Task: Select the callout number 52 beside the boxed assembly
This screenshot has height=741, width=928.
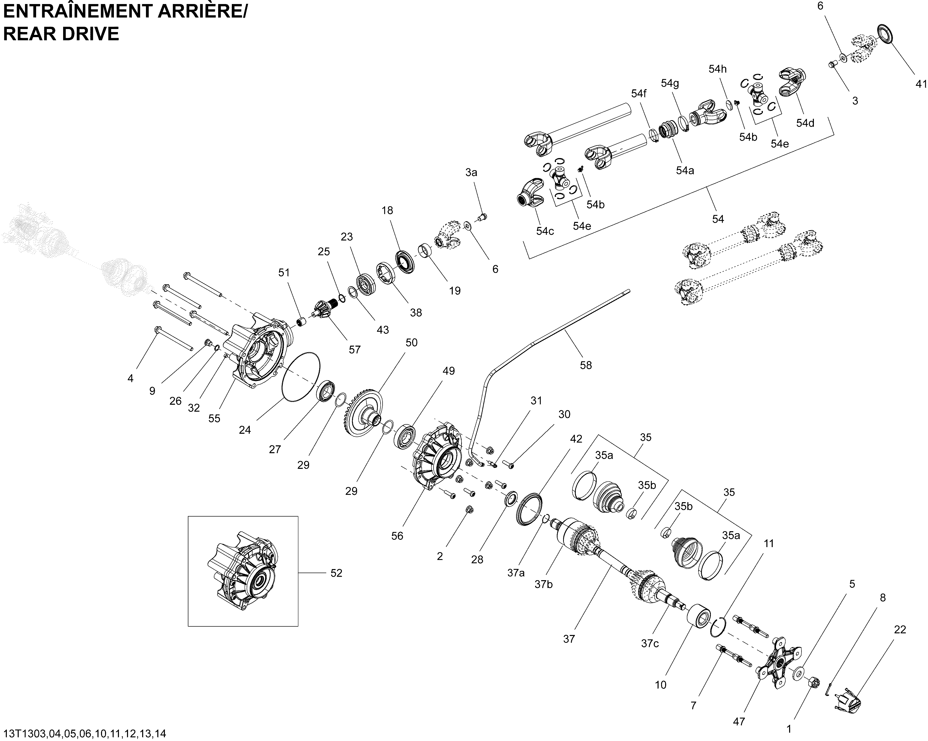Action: coord(336,573)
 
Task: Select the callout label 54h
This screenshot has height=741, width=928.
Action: coord(717,69)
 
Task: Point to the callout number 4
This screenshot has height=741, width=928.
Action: coord(130,378)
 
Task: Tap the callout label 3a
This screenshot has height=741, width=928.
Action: coord(471,172)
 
